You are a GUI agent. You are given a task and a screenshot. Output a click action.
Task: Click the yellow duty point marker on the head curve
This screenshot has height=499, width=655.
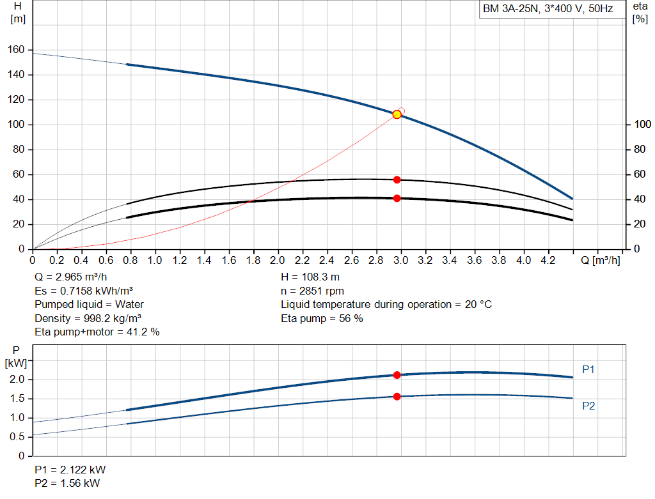pyautogui.click(x=397, y=114)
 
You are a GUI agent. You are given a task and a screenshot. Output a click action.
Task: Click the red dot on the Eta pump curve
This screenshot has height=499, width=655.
pyautogui.click(x=397, y=180)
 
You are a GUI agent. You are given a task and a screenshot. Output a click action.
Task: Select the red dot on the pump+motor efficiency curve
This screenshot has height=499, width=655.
pyautogui.click(x=397, y=198)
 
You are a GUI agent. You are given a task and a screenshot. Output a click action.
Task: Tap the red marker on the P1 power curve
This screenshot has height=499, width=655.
pyautogui.click(x=397, y=375)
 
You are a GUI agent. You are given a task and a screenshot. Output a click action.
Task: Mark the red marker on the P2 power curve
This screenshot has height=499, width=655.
pyautogui.click(x=397, y=396)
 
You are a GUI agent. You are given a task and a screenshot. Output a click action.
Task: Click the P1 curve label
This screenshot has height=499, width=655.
pyautogui.click(x=588, y=369)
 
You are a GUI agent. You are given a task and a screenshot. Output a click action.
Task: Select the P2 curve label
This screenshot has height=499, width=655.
pyautogui.click(x=588, y=406)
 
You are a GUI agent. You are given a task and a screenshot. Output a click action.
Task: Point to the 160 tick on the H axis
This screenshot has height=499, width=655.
pyautogui.click(x=18, y=50)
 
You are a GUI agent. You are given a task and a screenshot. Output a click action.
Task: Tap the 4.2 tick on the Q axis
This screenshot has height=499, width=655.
pyautogui.click(x=548, y=261)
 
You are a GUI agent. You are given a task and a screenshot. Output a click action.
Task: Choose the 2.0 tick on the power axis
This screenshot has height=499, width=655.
pyautogui.click(x=17, y=380)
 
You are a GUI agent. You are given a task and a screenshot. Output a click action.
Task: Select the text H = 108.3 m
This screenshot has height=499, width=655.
pyautogui.click(x=312, y=278)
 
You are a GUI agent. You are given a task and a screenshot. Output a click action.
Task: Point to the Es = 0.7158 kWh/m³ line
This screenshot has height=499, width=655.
pyautogui.click(x=88, y=291)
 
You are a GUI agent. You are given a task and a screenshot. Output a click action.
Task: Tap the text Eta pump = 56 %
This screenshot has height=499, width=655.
pyautogui.click(x=322, y=318)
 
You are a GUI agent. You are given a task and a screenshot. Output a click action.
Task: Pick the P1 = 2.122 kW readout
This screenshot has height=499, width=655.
pyautogui.click(x=67, y=470)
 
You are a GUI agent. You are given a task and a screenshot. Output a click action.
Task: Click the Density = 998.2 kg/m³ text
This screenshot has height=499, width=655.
pyautogui.click(x=88, y=318)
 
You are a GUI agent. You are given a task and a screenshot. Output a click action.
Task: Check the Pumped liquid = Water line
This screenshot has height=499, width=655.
pyautogui.click(x=89, y=305)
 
